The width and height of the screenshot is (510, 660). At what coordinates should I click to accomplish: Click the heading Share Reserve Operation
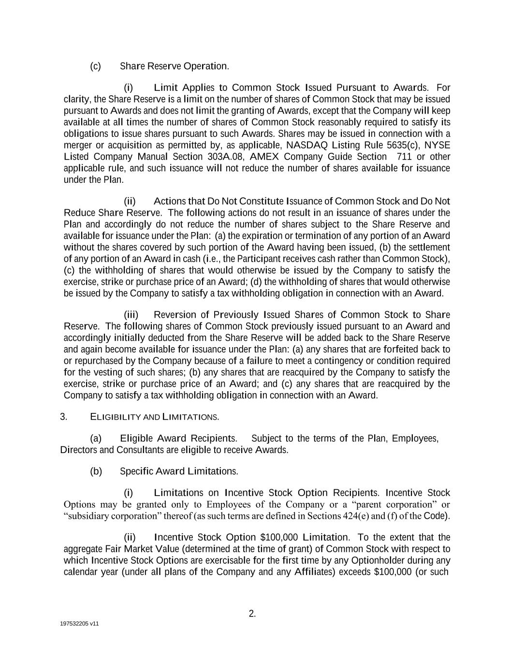tap(174, 66)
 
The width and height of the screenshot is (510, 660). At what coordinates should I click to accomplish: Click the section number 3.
tap(63, 417)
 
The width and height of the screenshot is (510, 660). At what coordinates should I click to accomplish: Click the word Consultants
tap(140, 450)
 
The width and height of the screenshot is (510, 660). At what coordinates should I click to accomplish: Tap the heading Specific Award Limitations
tap(179, 471)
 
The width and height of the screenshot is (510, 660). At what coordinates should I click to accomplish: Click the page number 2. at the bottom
tap(252, 614)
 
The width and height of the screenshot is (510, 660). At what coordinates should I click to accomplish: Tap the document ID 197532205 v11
tap(79, 624)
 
